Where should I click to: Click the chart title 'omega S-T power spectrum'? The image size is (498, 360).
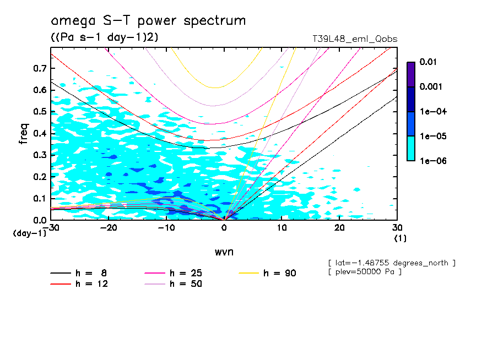point(148,21)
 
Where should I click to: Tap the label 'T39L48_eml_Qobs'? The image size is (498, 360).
point(355,39)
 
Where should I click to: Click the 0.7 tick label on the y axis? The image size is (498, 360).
point(39,68)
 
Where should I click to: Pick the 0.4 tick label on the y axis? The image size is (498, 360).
point(39,133)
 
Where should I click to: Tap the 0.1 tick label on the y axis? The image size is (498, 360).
point(39,198)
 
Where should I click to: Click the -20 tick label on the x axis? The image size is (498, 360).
point(108,228)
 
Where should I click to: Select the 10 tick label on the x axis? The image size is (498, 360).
point(282,228)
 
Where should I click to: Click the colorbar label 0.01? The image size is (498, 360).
point(428,62)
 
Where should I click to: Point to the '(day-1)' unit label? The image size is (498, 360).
point(29,233)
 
